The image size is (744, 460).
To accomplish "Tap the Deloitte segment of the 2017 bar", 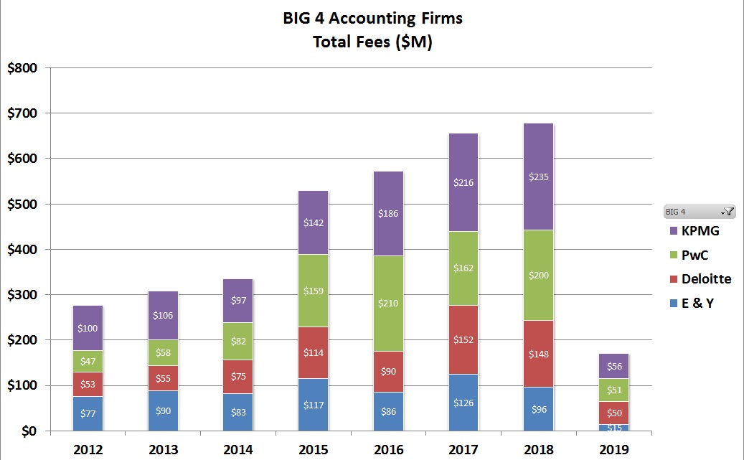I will point(463,339).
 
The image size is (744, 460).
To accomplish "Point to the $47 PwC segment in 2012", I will point(88,362).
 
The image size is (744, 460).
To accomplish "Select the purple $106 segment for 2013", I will point(163,316).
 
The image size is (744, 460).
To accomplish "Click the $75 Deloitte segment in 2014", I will point(237,377).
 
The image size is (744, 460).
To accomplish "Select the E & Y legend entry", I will point(695,303).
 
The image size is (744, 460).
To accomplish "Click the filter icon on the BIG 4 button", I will point(728,212).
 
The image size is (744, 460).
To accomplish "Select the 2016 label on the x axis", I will point(387,450).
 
